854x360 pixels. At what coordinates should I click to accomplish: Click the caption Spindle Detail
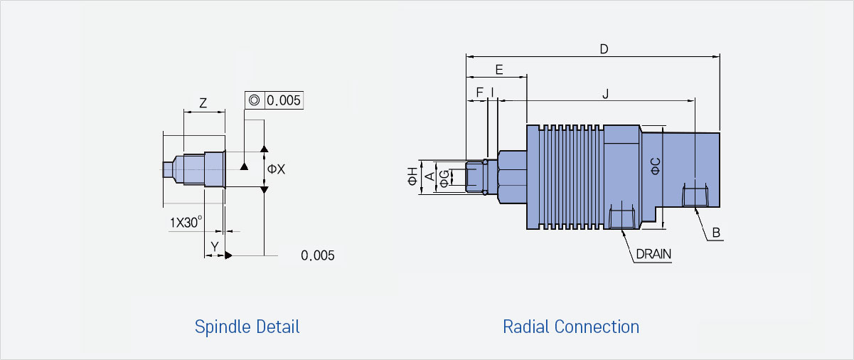pos(247,327)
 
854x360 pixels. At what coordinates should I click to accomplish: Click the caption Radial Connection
pos(571,327)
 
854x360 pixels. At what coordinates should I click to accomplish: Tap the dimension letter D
pos(604,49)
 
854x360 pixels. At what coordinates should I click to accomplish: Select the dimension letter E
pos(499,70)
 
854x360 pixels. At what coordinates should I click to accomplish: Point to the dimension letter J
pos(605,93)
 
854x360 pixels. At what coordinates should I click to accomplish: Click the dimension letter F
pos(479,92)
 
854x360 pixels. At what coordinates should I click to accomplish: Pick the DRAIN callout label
pos(653,254)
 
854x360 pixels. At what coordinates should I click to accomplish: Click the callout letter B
pos(716,233)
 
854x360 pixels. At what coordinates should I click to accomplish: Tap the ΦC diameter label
pos(655,166)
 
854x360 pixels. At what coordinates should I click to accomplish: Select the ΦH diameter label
pos(412,176)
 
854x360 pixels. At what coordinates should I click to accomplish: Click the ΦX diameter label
pos(276,169)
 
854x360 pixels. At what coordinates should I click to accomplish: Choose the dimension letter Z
pos(203,103)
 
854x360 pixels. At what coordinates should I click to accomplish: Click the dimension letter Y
pos(215,247)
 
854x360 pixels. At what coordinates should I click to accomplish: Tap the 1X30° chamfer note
pos(186,222)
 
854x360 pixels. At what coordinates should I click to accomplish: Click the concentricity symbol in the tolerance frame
pos(254,100)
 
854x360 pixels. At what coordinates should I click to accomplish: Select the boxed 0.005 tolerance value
pos(284,100)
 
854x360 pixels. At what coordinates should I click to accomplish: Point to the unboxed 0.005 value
pos(318,255)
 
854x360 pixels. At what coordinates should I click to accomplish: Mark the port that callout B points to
pos(695,195)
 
